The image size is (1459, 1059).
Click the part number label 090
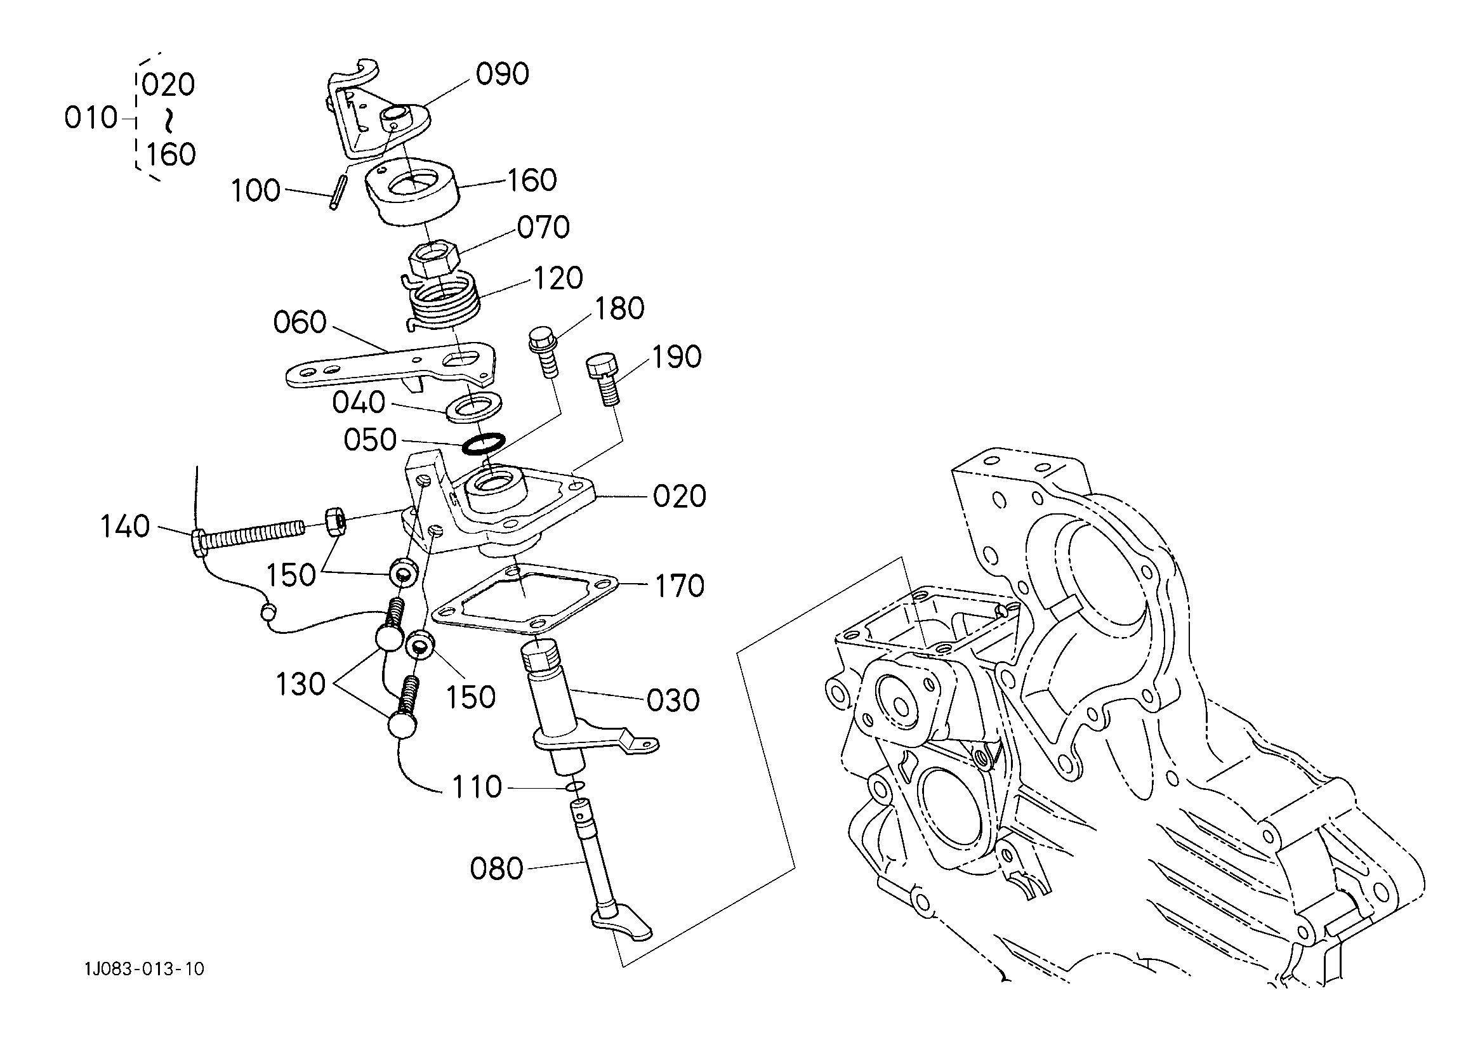(x=503, y=74)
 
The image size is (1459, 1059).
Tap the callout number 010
(x=91, y=119)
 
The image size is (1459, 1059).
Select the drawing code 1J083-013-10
(x=144, y=969)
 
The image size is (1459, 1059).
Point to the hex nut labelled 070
(x=433, y=259)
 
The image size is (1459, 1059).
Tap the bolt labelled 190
(x=604, y=380)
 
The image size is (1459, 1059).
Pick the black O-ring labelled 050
(x=484, y=444)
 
